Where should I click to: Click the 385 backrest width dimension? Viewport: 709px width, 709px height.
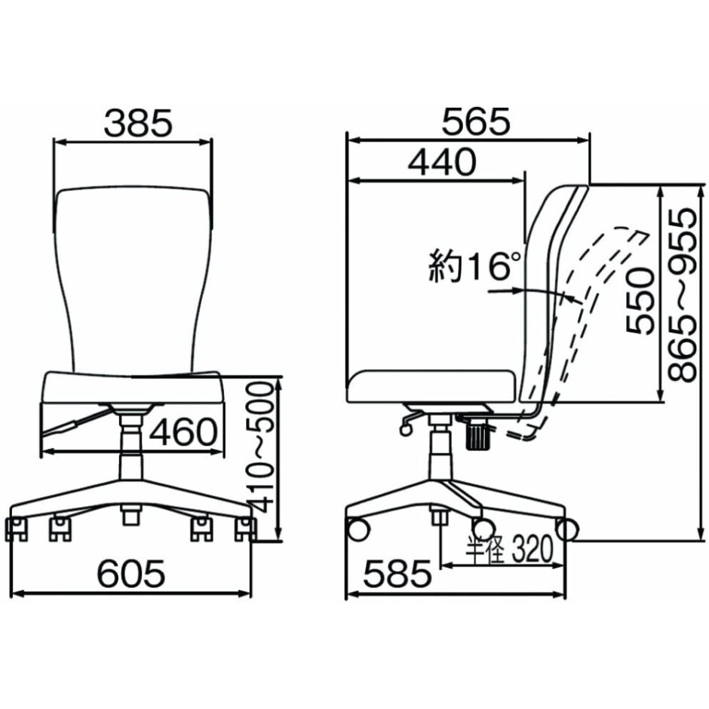(x=138, y=123)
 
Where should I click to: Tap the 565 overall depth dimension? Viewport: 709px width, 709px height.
(x=476, y=121)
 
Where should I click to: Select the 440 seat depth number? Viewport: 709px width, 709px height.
(x=442, y=162)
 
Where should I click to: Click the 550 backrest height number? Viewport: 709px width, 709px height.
(x=640, y=301)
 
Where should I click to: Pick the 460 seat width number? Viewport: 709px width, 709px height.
(x=183, y=432)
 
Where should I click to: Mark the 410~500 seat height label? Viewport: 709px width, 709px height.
(x=261, y=447)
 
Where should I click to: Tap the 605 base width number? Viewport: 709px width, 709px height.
(x=131, y=573)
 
